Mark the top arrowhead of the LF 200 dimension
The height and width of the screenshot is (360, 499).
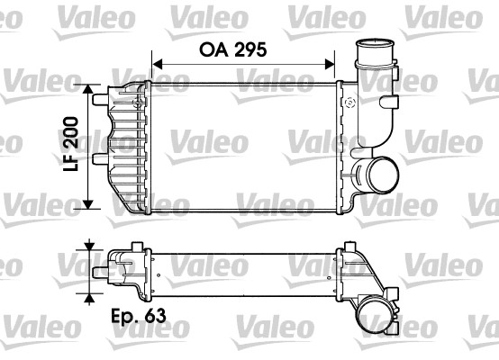tap(87, 90)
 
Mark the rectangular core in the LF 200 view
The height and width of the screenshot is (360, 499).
tap(241, 146)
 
